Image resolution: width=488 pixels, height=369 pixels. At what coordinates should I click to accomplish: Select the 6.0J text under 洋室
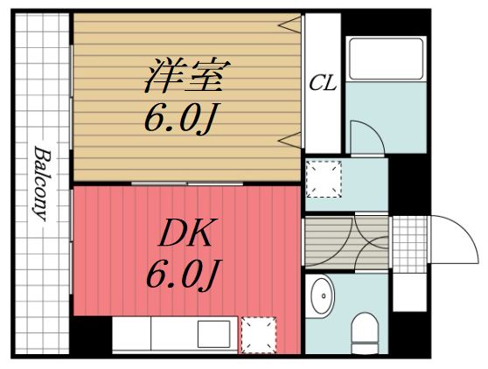click(x=180, y=118)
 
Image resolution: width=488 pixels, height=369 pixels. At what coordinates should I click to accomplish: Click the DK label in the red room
click(x=186, y=234)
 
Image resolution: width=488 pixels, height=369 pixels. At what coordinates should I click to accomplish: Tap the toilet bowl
click(x=363, y=333)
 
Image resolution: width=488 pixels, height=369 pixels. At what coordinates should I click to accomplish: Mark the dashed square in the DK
click(x=258, y=334)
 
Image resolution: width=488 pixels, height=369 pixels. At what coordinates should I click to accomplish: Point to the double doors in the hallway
click(x=346, y=242)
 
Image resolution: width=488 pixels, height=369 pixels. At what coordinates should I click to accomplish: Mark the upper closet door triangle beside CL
click(x=291, y=24)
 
